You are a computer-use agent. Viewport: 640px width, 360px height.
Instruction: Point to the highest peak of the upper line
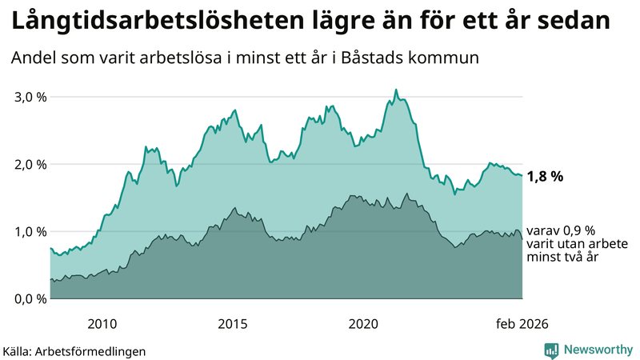pyautogui.click(x=396, y=90)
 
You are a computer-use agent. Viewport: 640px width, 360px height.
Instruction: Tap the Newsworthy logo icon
pyautogui.click(x=551, y=350)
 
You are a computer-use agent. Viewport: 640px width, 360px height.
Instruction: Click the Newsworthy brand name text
pyautogui.click(x=598, y=350)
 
